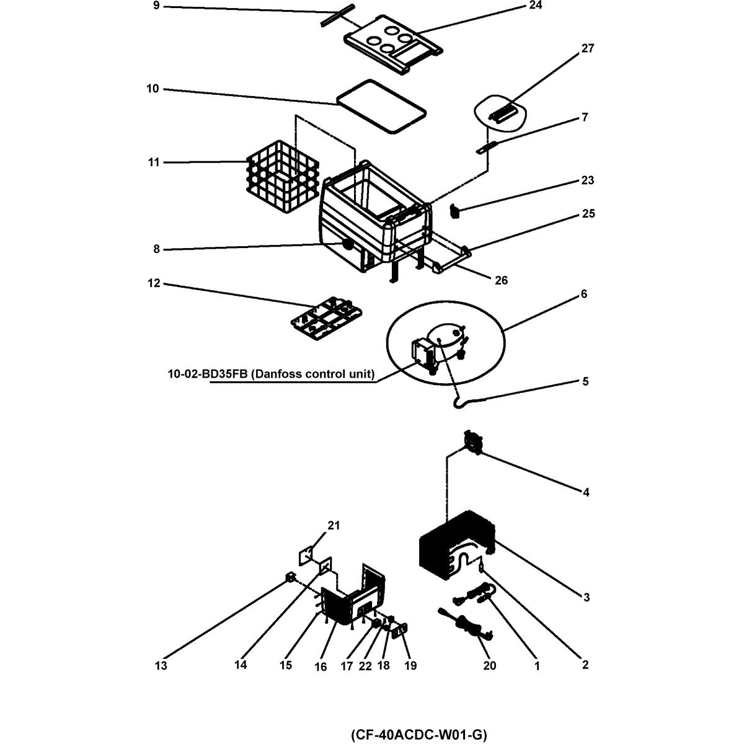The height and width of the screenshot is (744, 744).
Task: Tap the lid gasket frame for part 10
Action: tap(381, 106)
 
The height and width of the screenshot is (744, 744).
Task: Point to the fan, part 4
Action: tap(474, 443)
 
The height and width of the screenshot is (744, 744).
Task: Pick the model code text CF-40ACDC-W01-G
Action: tap(418, 735)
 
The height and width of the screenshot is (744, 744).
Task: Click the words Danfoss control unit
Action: tap(314, 374)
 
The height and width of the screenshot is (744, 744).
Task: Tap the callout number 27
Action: tap(587, 48)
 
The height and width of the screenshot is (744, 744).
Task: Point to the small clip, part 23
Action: tap(455, 212)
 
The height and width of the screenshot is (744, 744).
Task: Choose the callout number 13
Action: tap(161, 666)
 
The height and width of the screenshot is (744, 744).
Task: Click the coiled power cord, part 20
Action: tap(468, 622)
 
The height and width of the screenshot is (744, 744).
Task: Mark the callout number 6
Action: tap(583, 294)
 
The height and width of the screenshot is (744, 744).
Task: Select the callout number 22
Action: tap(366, 666)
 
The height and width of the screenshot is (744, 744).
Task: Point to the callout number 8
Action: tap(157, 249)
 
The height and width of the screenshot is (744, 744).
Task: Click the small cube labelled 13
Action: tap(289, 578)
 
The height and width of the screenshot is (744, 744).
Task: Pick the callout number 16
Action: tap(321, 666)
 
